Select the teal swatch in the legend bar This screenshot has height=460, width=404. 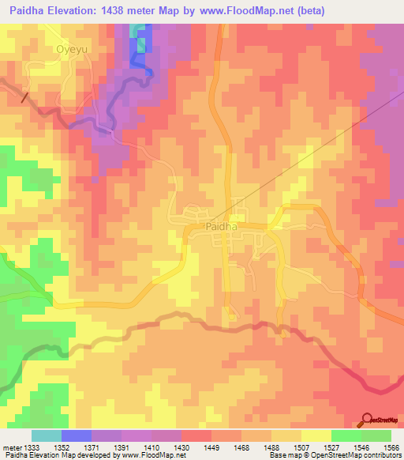(x=46, y=435)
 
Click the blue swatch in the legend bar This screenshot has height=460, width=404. (x=76, y=435)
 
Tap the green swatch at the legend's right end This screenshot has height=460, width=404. (x=376, y=435)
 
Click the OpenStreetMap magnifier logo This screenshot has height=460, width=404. (x=368, y=420)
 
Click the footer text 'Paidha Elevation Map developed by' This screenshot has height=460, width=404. (x=49, y=456)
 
